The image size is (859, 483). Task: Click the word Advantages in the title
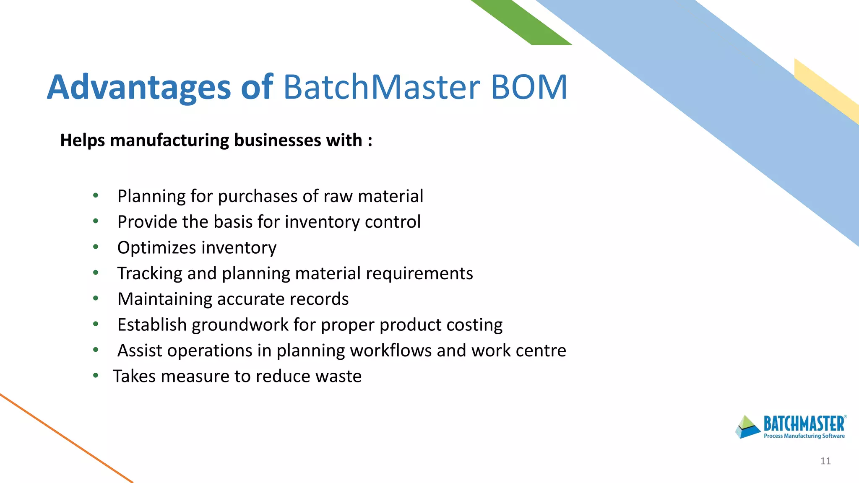click(x=138, y=87)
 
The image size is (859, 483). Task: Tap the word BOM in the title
click(x=529, y=87)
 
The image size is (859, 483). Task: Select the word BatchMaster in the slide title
click(x=381, y=87)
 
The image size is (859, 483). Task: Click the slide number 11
click(x=825, y=461)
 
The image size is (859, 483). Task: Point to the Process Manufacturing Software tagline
click(x=804, y=436)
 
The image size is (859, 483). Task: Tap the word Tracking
click(x=150, y=273)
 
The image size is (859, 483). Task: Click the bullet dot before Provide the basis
click(x=96, y=221)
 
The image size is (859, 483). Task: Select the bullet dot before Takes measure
click(x=96, y=375)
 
